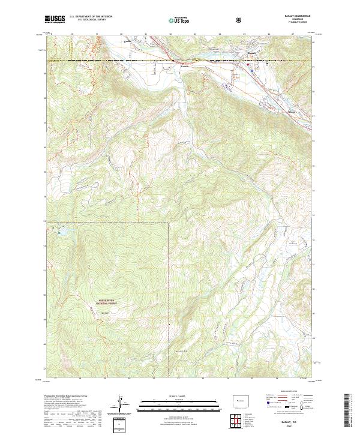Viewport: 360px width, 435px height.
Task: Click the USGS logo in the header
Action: pos(55,19)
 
